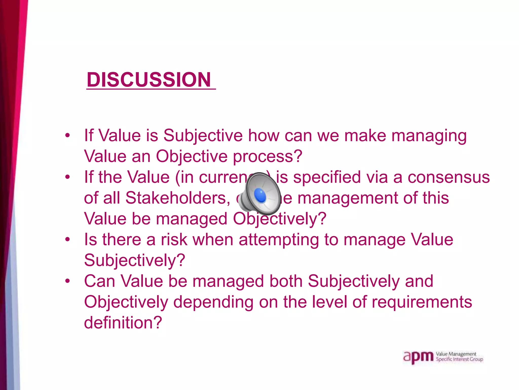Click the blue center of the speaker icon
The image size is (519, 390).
click(260, 196)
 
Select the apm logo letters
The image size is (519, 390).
click(418, 357)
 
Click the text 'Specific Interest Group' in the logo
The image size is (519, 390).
click(459, 359)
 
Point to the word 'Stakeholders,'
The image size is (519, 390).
click(178, 198)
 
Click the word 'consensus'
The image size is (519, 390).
click(449, 177)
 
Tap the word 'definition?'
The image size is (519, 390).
click(123, 323)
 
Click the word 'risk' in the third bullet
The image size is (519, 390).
click(174, 239)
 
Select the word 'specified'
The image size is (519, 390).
click(327, 177)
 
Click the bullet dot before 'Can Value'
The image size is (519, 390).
click(67, 281)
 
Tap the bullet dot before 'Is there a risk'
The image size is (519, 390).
click(67, 239)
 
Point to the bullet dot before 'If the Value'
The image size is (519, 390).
click(67, 177)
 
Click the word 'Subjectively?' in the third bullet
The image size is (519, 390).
click(135, 261)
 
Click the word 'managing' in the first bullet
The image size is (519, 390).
click(429, 136)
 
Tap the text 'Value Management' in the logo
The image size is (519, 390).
click(456, 354)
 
